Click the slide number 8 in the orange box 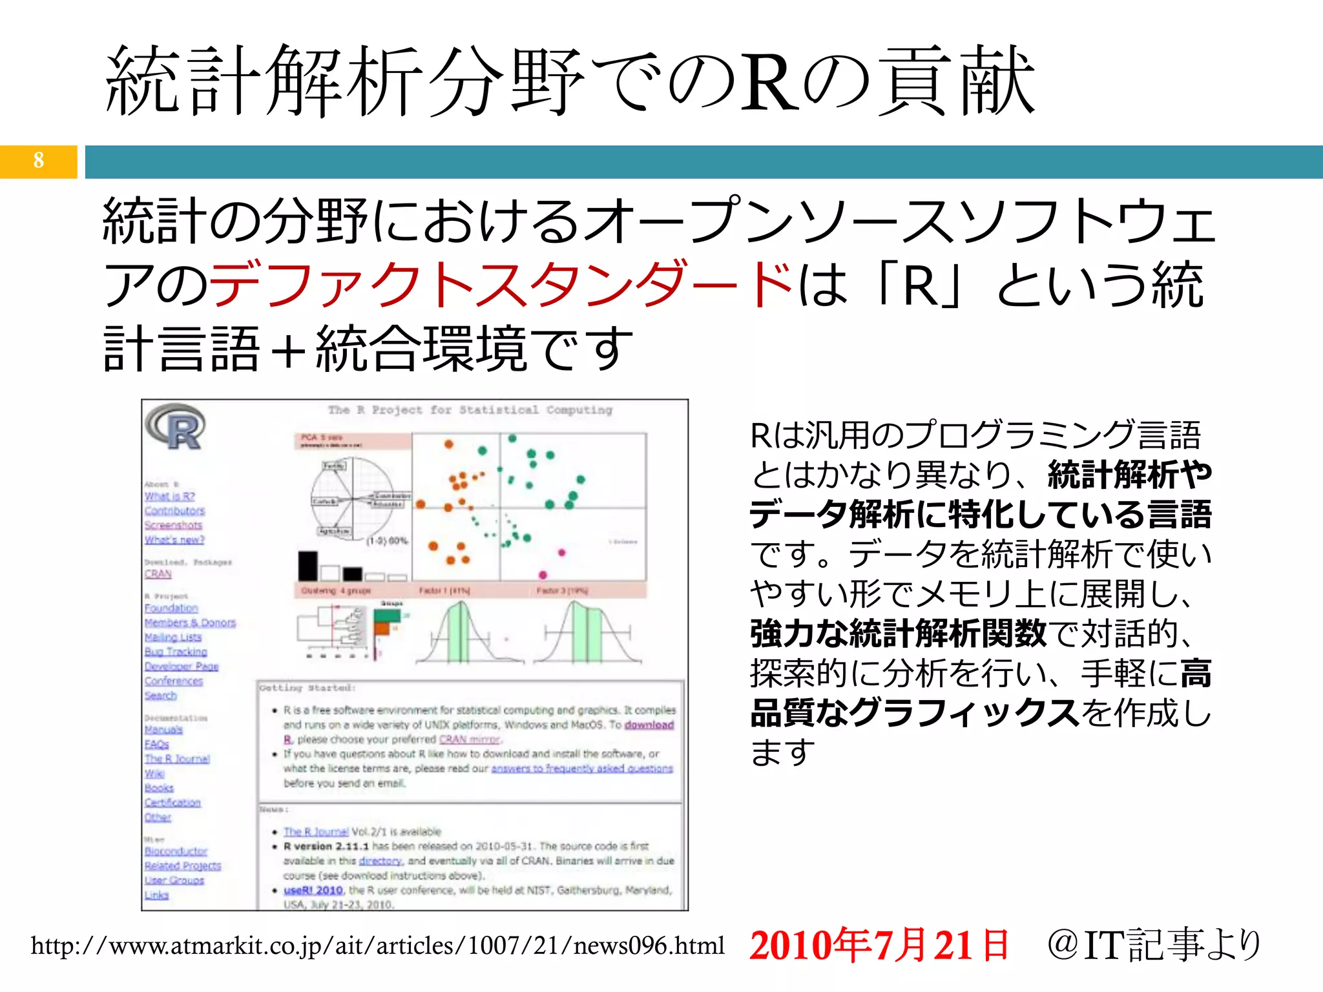[x=39, y=160]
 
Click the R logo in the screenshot [x=175, y=427]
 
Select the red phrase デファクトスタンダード [x=501, y=285]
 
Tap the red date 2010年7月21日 [x=879, y=945]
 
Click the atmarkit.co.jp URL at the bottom [x=378, y=946]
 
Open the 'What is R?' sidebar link [x=169, y=496]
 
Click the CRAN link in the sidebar [x=158, y=573]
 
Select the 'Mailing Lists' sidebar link [x=173, y=637]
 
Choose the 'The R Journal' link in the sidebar [x=177, y=758]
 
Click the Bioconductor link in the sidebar [x=176, y=851]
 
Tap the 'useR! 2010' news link [x=313, y=890]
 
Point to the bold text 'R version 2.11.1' [x=326, y=846]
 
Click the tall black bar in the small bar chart [x=308, y=566]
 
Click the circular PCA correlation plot [x=352, y=497]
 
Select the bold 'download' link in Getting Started [x=649, y=725]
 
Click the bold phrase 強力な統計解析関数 [x=898, y=634]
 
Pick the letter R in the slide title [x=768, y=83]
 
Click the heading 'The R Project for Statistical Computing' [x=470, y=409]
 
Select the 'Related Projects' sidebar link [x=183, y=865]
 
